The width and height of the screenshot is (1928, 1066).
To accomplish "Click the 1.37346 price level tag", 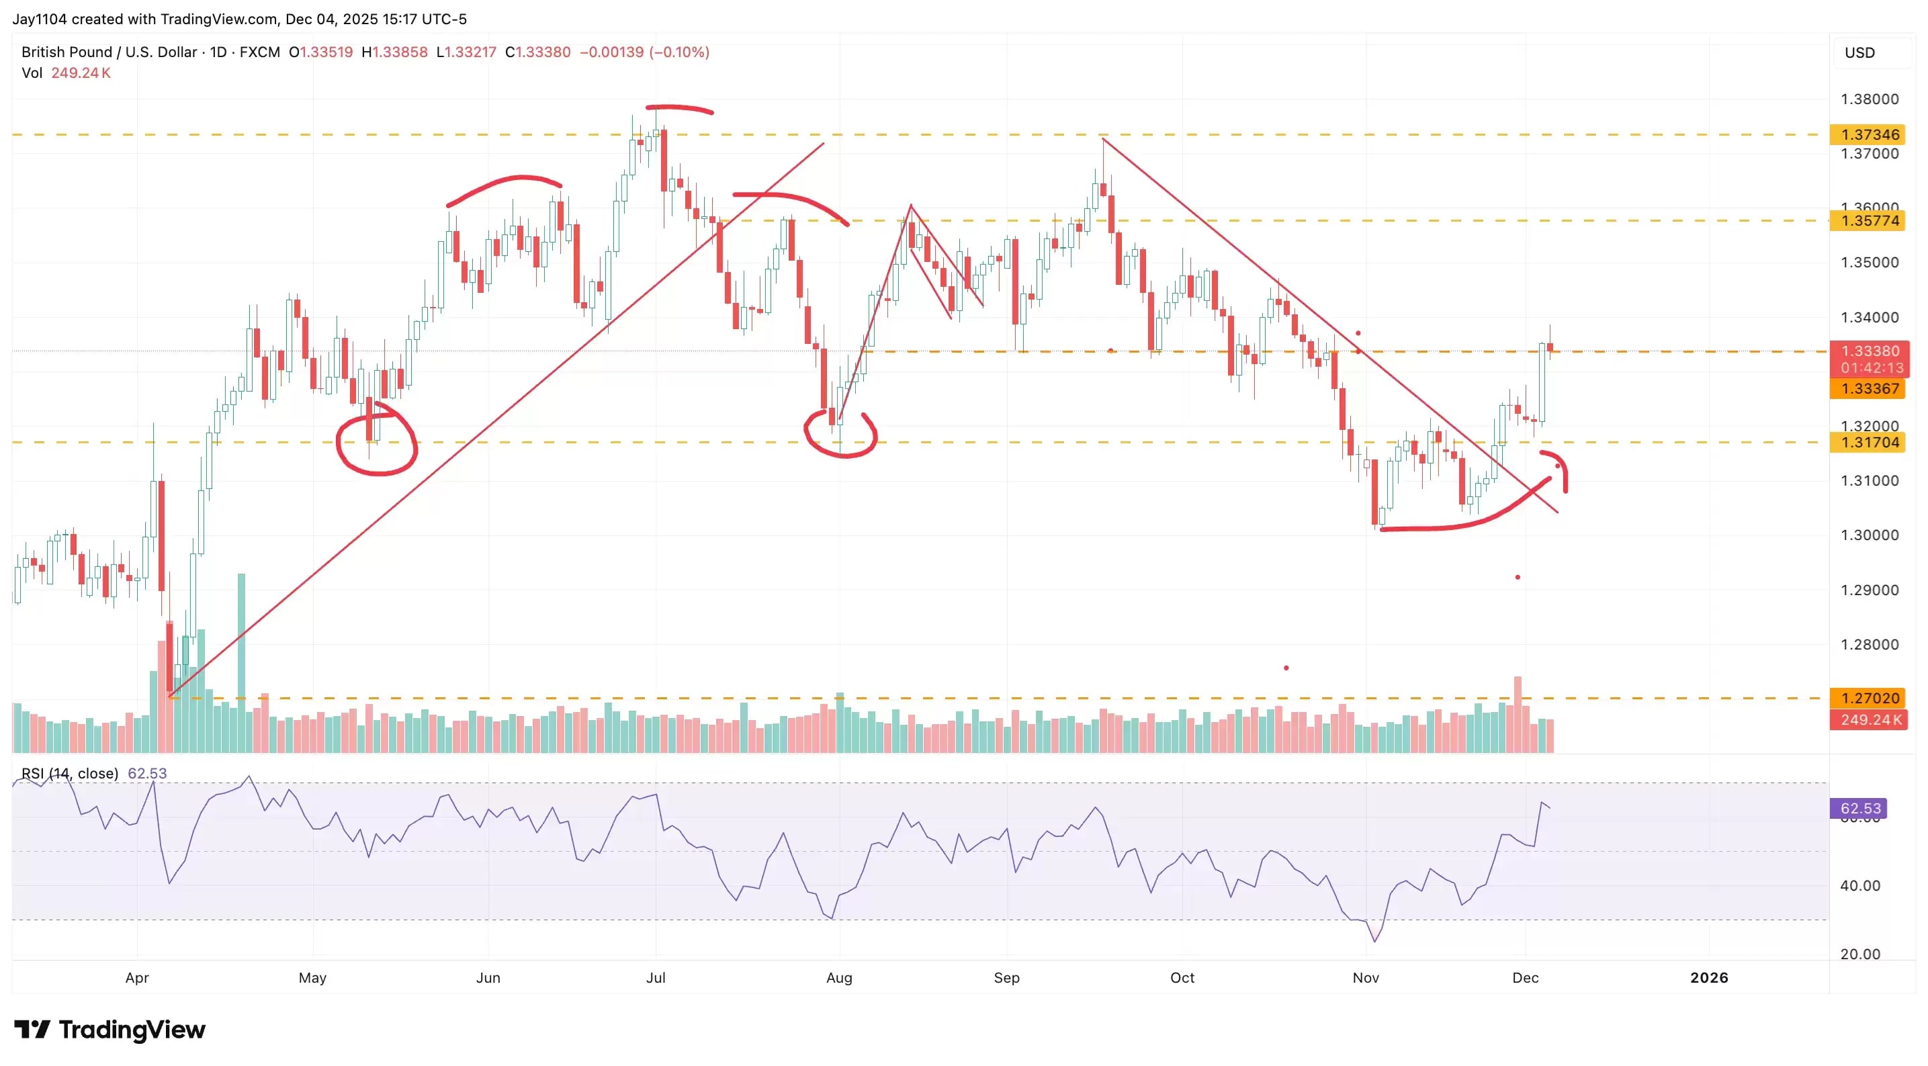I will (1868, 135).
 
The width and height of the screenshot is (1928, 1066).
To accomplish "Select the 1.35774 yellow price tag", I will (1868, 221).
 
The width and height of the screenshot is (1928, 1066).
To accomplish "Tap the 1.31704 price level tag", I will (1868, 443).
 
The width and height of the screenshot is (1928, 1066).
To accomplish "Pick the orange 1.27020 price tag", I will (1868, 699).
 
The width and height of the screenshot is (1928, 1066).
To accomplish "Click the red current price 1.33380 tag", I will (1868, 351).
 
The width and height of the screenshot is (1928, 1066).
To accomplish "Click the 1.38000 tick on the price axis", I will (1869, 99).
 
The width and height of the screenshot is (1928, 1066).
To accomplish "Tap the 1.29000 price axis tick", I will (1869, 590).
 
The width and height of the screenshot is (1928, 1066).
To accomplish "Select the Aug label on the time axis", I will (839, 977).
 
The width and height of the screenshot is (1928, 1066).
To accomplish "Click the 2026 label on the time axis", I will (1709, 977).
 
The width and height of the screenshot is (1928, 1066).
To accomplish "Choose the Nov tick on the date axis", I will (1366, 977).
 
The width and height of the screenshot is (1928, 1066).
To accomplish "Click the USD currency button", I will (1859, 52).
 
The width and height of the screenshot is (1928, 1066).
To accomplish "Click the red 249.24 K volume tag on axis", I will (1868, 720).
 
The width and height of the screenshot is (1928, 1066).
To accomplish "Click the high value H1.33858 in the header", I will (394, 52).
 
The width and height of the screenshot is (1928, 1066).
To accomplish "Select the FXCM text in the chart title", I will (260, 52).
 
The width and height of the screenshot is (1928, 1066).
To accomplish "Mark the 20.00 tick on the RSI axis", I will (1860, 954).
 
